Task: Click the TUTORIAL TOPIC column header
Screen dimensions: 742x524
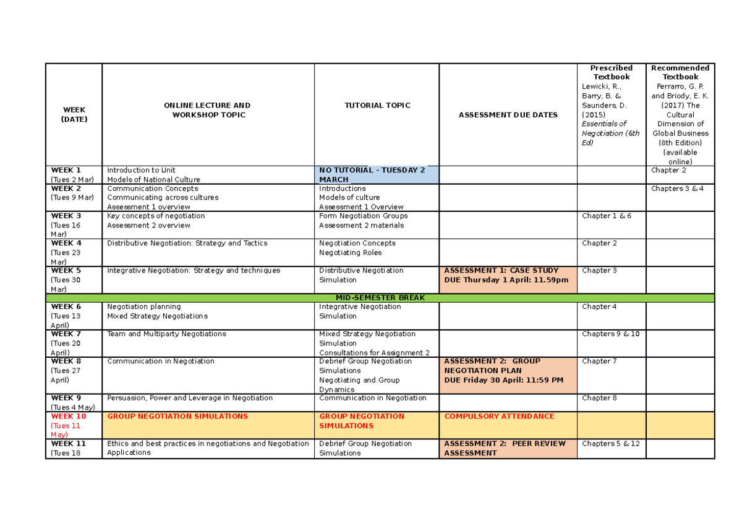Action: [x=377, y=106]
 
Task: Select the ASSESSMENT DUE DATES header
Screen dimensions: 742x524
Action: [x=508, y=115]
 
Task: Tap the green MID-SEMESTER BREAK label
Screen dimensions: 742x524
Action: [x=380, y=298]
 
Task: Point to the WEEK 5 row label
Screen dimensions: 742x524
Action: [x=66, y=271]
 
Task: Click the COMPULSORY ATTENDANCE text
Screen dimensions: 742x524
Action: [x=499, y=416]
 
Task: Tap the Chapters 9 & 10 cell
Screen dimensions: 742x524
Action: [x=610, y=334]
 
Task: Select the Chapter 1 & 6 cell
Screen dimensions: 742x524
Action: [x=607, y=216]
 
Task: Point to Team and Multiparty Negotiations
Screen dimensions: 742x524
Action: [x=166, y=334]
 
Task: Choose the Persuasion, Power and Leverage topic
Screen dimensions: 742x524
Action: [x=190, y=398]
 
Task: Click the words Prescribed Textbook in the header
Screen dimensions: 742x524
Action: [x=611, y=72]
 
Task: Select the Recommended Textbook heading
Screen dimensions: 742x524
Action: [x=680, y=72]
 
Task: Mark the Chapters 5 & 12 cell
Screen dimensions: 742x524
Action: [x=610, y=444]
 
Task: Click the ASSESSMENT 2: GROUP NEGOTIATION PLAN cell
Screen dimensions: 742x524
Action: [x=508, y=370]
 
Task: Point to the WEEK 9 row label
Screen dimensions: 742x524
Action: [x=66, y=398]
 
